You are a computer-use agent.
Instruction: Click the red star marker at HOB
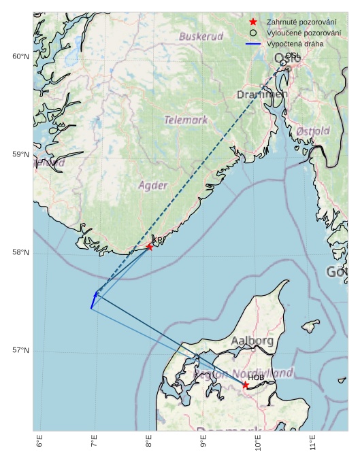click(246, 385)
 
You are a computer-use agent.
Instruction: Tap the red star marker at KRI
click(150, 246)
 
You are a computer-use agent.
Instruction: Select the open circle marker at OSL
click(283, 63)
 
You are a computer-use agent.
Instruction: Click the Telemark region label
click(186, 120)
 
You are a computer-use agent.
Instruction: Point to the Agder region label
click(152, 185)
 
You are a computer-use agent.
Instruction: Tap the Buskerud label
click(201, 36)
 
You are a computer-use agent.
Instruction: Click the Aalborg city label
click(252, 340)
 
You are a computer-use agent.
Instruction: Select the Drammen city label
click(262, 95)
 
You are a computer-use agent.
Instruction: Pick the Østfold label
click(313, 131)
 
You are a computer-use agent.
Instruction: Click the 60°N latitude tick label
click(20, 56)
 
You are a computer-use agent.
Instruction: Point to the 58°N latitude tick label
click(20, 253)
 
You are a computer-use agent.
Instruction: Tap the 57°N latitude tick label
click(20, 351)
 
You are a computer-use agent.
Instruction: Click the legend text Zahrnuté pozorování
click(301, 22)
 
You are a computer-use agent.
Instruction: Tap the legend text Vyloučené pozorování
click(304, 33)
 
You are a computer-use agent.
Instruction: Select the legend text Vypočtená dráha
click(295, 44)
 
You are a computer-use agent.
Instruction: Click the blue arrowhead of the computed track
click(95, 296)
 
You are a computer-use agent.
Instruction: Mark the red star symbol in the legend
click(253, 22)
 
